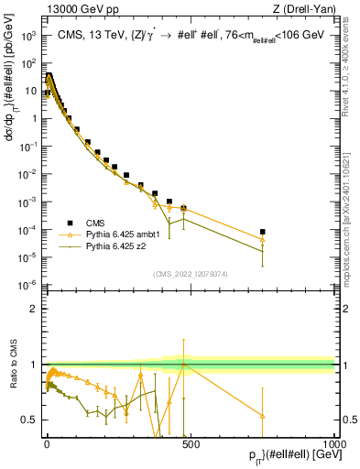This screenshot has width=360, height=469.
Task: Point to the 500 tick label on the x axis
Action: [190, 442]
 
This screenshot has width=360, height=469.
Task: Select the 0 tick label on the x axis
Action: [47, 442]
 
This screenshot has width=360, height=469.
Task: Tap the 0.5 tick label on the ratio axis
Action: [30, 420]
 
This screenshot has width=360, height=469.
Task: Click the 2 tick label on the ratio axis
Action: [35, 309]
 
